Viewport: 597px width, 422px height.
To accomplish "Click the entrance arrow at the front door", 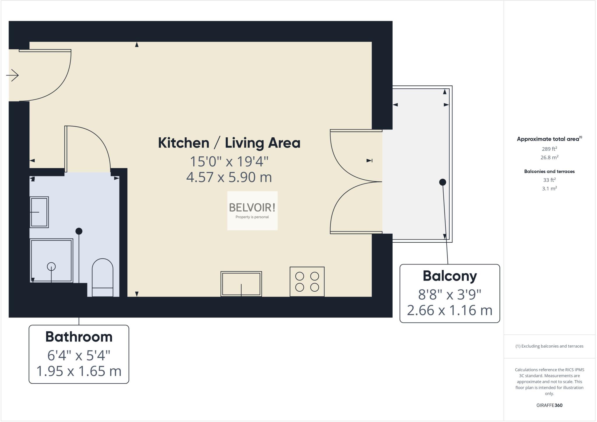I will click(x=13, y=75).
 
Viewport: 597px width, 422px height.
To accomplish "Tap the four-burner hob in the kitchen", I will click(x=307, y=281).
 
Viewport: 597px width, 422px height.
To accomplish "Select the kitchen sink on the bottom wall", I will click(x=241, y=284).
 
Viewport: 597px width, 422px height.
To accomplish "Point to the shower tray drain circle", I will click(x=51, y=266).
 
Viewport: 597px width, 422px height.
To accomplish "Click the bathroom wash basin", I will click(x=39, y=212).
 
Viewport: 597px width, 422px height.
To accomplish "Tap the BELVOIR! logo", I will click(x=252, y=210).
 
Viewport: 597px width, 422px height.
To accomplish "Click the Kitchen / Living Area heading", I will click(x=229, y=143).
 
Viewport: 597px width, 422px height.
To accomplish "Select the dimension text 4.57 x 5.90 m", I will click(x=229, y=177).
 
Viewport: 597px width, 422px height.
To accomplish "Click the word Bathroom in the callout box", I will click(x=79, y=337).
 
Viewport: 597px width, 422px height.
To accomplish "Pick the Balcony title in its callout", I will click(x=449, y=276).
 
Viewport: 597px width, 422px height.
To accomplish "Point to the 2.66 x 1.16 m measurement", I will click(x=449, y=310).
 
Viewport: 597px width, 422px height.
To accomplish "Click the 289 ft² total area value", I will click(x=549, y=149).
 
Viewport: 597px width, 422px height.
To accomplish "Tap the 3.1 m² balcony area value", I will click(x=549, y=188).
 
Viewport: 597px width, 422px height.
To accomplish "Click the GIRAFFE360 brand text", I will click(x=549, y=405).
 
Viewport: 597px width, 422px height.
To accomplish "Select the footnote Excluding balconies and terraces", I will click(x=549, y=346).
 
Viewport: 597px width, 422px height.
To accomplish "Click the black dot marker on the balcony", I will click(x=443, y=182).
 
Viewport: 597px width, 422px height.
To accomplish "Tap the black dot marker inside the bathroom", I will click(x=79, y=231).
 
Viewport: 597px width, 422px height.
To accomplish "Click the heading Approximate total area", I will click(x=548, y=139).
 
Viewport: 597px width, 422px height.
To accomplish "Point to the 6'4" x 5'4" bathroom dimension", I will click(x=79, y=355).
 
